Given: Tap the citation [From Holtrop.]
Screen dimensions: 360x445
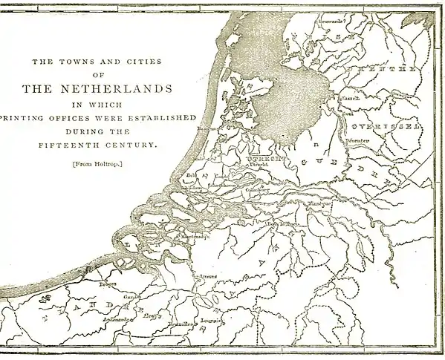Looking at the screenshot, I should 97,163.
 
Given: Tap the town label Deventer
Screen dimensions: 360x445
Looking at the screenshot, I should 358,140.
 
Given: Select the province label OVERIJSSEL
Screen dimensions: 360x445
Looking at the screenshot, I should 386,126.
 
